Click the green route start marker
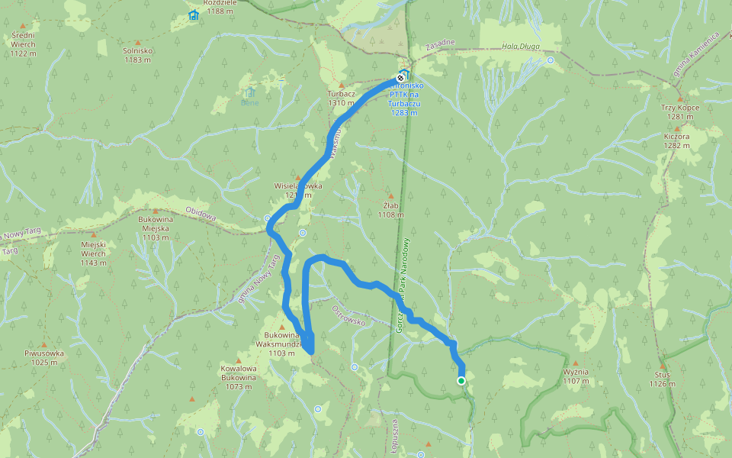pos(461,381)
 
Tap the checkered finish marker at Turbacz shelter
pos(400,78)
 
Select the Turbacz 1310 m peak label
pos(341,98)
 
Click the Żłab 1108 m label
pos(390,210)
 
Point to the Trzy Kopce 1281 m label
pos(682,112)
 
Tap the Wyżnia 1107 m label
pos(576,376)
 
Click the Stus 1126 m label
pos(662,379)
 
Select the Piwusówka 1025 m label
pos(45,357)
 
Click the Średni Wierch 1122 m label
pos(24,44)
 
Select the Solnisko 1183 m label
pos(138,55)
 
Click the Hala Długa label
pos(521,47)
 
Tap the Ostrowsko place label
pos(350,316)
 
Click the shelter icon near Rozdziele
pos(194,15)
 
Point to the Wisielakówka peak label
pos(298,190)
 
